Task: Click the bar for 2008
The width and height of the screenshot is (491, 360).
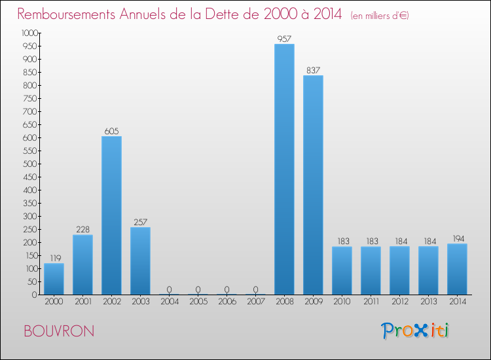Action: pyautogui.click(x=284, y=170)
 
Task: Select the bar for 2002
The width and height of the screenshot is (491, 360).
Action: pyautogui.click(x=111, y=215)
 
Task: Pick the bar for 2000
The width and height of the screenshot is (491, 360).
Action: pyautogui.click(x=54, y=279)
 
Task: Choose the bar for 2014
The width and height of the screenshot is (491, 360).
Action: pyautogui.click(x=457, y=269)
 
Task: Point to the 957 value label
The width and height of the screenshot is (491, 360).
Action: pyautogui.click(x=284, y=39)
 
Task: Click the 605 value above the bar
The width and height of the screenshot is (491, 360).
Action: pyautogui.click(x=111, y=132)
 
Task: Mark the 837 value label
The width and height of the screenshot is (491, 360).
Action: pyautogui.click(x=313, y=71)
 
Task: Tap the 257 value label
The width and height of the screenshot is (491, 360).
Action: pyautogui.click(x=140, y=223)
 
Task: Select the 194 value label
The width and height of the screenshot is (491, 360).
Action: pyautogui.click(x=457, y=239)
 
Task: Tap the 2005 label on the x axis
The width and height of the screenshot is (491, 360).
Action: pyautogui.click(x=198, y=302)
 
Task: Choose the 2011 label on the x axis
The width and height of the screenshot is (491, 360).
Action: pyautogui.click(x=371, y=302)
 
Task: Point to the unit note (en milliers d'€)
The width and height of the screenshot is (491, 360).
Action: pyautogui.click(x=380, y=16)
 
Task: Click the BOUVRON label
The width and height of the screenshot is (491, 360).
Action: pyautogui.click(x=58, y=331)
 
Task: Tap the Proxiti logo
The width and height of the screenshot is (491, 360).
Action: pyautogui.click(x=415, y=331)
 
